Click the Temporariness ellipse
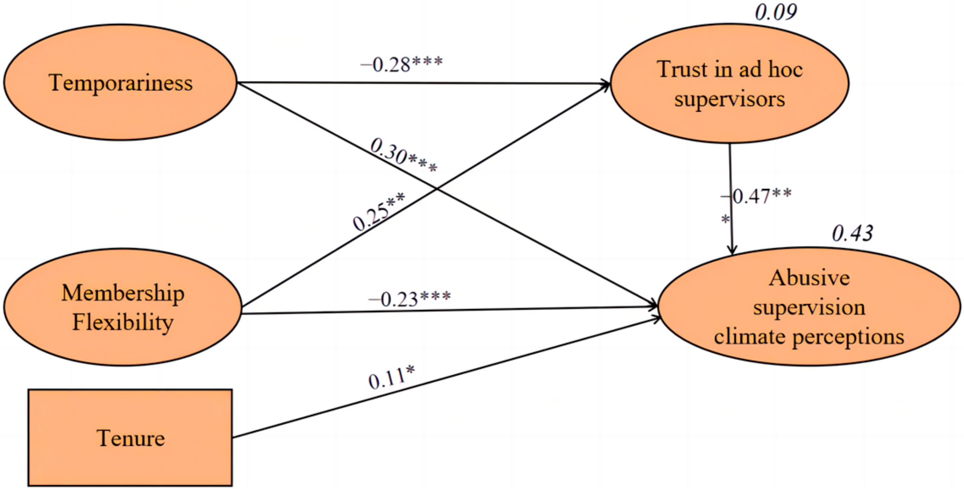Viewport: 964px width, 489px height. (121, 82)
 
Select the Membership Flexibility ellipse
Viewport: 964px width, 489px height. (122, 307)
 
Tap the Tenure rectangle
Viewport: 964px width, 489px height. (130, 437)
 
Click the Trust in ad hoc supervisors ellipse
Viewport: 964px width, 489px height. (729, 84)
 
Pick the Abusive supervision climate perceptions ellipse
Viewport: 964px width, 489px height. (808, 306)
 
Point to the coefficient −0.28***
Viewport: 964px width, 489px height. (402, 64)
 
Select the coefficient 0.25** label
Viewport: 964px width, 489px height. (378, 211)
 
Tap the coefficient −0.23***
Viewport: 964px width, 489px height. (410, 298)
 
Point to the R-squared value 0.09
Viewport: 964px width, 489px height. (776, 12)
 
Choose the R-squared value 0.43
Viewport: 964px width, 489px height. (852, 233)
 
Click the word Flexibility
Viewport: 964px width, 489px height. (123, 322)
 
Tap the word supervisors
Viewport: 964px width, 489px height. (729, 99)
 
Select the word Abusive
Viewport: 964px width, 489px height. (809, 278)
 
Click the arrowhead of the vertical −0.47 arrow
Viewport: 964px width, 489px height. (732, 250)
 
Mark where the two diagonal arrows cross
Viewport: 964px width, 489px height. (435, 189)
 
